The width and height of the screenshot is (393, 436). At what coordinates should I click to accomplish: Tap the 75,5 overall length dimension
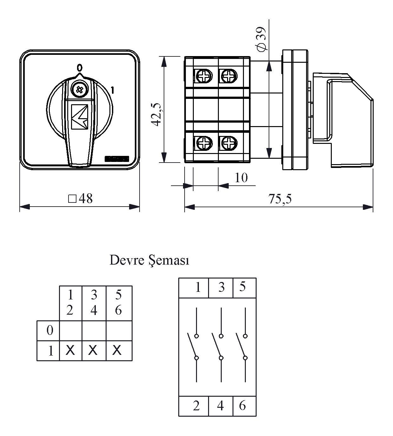tap(279, 199)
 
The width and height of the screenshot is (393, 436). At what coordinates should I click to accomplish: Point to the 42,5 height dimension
tap(157, 114)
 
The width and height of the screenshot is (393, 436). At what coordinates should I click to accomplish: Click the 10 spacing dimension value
tap(241, 178)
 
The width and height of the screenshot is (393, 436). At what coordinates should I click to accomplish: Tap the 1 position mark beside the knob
tap(112, 90)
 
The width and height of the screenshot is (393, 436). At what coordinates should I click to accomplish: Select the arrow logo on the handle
tap(80, 117)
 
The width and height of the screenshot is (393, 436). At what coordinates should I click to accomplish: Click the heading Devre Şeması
tap(149, 260)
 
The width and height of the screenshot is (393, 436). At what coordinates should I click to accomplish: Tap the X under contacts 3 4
tap(93, 350)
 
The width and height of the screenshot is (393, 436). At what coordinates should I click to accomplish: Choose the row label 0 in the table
tap(50, 330)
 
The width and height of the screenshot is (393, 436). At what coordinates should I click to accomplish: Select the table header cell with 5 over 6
tap(118, 303)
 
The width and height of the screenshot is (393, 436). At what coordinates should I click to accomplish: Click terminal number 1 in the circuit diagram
tap(198, 287)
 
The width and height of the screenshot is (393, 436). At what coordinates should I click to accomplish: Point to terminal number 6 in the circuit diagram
tap(242, 405)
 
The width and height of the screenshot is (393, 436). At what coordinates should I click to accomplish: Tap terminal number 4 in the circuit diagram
tap(220, 405)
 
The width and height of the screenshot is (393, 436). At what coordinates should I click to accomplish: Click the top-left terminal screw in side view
tap(203, 76)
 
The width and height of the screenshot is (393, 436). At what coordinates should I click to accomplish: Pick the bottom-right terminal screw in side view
tap(228, 143)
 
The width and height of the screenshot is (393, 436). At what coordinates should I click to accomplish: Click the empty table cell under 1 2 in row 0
tap(70, 330)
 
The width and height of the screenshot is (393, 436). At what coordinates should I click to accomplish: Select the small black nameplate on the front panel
tap(117, 158)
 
